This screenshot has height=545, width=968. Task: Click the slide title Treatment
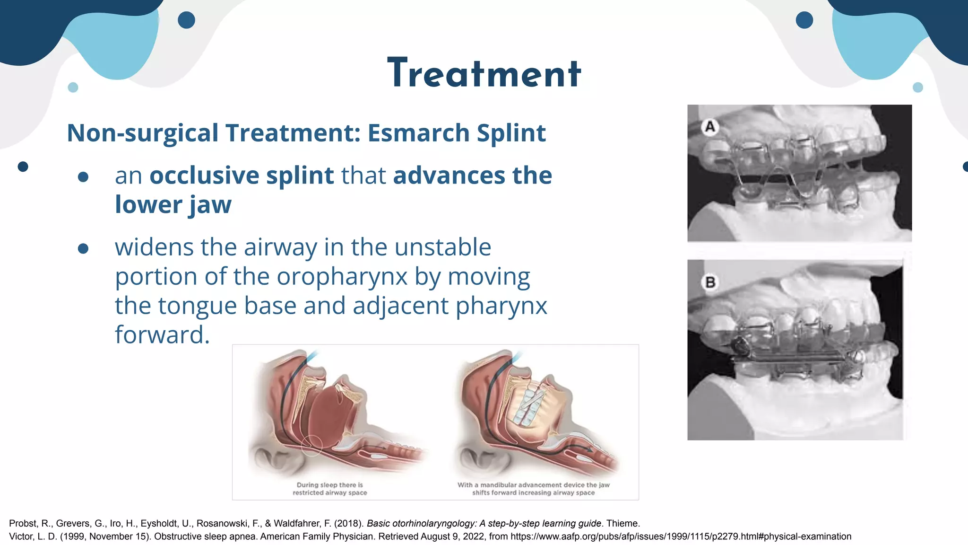pos(484,73)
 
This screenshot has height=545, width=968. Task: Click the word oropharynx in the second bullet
pos(342,276)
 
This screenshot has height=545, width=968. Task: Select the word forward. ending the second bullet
pos(162,335)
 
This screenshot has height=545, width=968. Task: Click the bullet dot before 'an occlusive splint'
pos(83,177)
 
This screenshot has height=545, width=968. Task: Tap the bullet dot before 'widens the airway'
pos(83,248)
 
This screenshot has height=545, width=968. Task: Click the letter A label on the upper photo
pos(709,127)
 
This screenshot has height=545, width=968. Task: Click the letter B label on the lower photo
pos(710,282)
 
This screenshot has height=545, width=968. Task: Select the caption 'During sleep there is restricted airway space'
pos(330,489)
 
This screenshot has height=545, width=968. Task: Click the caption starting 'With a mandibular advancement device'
pos(533,489)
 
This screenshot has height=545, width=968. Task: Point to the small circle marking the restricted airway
pos(311,445)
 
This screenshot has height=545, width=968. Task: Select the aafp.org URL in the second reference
pos(681,536)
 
